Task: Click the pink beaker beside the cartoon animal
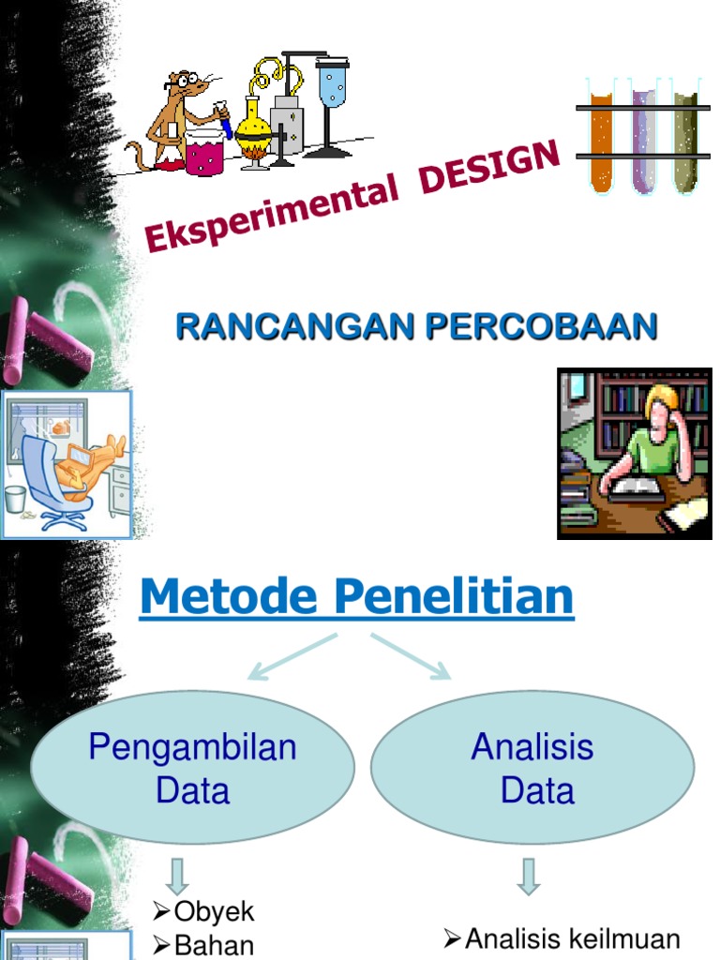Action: (204, 153)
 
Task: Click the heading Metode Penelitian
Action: (356, 596)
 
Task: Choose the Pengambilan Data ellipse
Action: (193, 768)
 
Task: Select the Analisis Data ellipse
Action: (532, 768)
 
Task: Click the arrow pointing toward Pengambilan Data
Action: (292, 656)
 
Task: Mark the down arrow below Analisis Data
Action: (529, 876)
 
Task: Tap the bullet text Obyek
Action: (215, 912)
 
